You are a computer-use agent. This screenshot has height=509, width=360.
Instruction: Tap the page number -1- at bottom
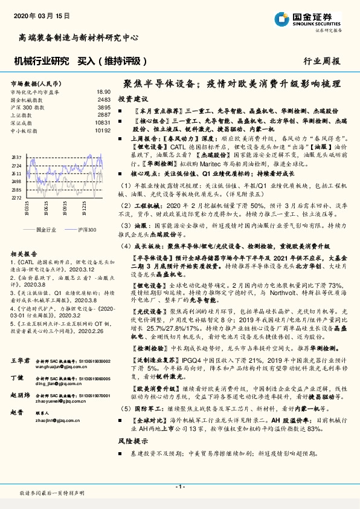179,487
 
